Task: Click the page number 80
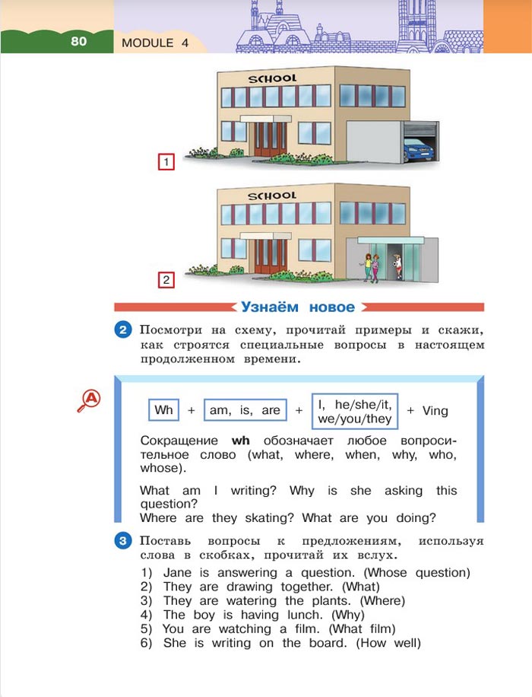79,42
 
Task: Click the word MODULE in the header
147,43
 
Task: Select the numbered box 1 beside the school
166,162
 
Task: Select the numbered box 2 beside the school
166,280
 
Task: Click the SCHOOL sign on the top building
272,78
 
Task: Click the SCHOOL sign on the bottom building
272,196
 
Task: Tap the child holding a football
397,266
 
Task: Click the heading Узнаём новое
298,307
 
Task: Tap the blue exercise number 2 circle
123,330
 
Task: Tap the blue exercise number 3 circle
123,541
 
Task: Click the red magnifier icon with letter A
90,400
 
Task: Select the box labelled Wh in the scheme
163,410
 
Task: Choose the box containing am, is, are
245,410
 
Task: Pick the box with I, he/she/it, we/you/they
355,412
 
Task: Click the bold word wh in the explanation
241,441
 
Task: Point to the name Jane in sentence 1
178,573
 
